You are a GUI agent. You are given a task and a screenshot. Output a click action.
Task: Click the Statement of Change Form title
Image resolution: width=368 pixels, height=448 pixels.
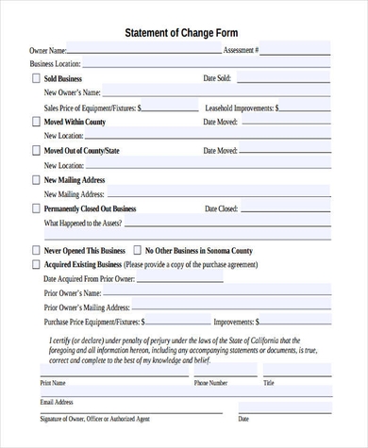pos(187,32)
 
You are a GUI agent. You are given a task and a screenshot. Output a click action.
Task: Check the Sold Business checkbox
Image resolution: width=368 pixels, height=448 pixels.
pos(36,78)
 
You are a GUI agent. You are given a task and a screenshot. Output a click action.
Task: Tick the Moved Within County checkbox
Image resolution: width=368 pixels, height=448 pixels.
pos(36,122)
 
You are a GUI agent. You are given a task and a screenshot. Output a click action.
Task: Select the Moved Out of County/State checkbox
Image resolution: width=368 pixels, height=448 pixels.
pos(36,150)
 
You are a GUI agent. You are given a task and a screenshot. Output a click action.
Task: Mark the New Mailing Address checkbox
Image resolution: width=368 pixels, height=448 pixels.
pos(36,179)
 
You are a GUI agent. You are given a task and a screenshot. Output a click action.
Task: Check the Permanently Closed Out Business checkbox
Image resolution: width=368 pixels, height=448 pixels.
pos(36,208)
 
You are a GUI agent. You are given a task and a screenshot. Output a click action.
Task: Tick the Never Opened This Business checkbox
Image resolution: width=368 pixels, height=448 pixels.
pos(36,251)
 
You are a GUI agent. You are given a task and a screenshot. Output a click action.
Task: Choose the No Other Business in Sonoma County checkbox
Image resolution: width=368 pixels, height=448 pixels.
pos(137,251)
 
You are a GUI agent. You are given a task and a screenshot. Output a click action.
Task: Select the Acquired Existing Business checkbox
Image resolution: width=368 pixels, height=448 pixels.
pos(36,265)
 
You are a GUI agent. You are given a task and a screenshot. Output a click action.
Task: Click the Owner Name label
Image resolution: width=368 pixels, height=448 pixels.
pos(48,49)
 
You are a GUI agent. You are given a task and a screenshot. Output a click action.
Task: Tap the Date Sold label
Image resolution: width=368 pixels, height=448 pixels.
pos(218,78)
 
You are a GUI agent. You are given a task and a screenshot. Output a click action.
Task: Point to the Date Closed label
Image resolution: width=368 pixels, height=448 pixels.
pos(221,208)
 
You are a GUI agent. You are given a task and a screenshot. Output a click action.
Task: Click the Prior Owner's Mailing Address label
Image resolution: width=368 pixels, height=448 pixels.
pos(87,307)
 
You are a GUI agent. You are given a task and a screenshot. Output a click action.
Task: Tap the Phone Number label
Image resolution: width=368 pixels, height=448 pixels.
pos(210,384)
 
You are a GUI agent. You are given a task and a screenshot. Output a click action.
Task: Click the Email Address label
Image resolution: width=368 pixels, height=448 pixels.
pos(57,402)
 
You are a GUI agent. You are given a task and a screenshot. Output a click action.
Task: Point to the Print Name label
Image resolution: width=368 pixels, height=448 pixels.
pos(53,384)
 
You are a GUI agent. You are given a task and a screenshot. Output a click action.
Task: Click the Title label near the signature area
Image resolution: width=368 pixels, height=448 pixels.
pos(269,384)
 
